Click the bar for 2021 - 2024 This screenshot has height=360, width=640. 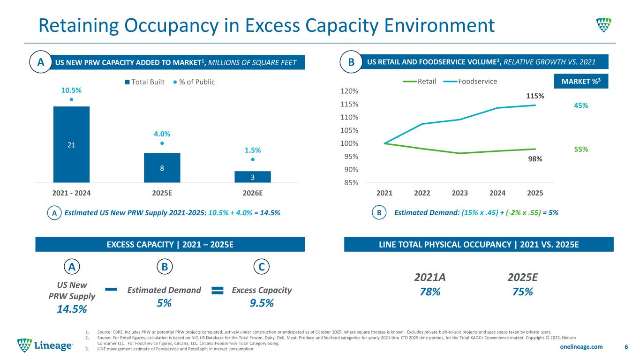pyautogui.click(x=71, y=144)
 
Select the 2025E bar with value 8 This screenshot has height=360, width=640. pyautogui.click(x=162, y=167)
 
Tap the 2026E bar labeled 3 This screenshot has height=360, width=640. pyautogui.click(x=253, y=177)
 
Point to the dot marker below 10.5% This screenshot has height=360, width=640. pyautogui.click(x=71, y=99)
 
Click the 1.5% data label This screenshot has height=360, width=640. pyautogui.click(x=252, y=150)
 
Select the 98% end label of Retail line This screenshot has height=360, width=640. pyautogui.click(x=535, y=159)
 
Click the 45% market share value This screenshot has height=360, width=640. pyautogui.click(x=581, y=105)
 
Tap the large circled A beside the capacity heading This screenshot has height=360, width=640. pyautogui.click(x=41, y=63)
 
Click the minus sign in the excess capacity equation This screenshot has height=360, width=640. pyautogui.click(x=111, y=290)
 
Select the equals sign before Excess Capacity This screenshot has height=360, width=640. pyautogui.click(x=217, y=291)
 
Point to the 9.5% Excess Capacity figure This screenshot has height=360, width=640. pyautogui.click(x=262, y=303)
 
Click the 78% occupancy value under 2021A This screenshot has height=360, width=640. pyautogui.click(x=429, y=292)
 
